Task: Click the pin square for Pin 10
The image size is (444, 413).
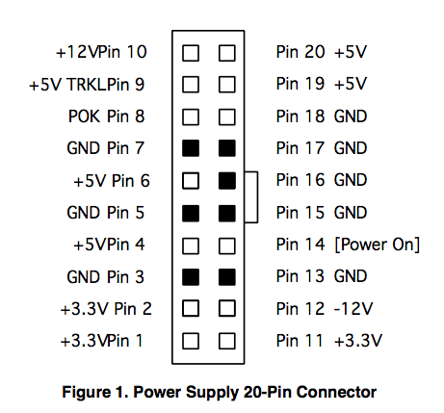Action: [x=191, y=53]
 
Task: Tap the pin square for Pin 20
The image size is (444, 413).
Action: [x=227, y=53]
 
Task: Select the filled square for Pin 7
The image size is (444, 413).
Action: [x=191, y=148]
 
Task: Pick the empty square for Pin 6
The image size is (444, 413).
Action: [x=191, y=180]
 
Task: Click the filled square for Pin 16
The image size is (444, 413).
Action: [x=227, y=180]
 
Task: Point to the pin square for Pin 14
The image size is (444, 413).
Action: [x=227, y=245]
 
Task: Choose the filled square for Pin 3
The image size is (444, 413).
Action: [x=191, y=277]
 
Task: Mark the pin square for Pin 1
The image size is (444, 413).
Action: [x=191, y=341]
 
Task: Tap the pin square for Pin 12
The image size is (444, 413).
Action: [x=227, y=308]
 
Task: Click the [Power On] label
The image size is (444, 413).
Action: [x=377, y=245]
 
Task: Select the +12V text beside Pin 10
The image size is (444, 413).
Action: [x=77, y=52]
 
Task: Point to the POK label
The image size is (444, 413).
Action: [x=84, y=116]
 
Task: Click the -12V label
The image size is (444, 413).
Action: [x=353, y=309]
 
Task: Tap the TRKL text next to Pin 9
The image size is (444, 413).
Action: [x=87, y=85]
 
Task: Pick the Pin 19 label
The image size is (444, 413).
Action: [x=300, y=84]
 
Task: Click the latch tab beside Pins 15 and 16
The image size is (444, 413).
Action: [x=257, y=197]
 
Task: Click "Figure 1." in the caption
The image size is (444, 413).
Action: [x=95, y=392]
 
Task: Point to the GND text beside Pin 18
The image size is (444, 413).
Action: [x=351, y=116]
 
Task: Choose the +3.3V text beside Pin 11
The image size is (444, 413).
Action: [x=358, y=341]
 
